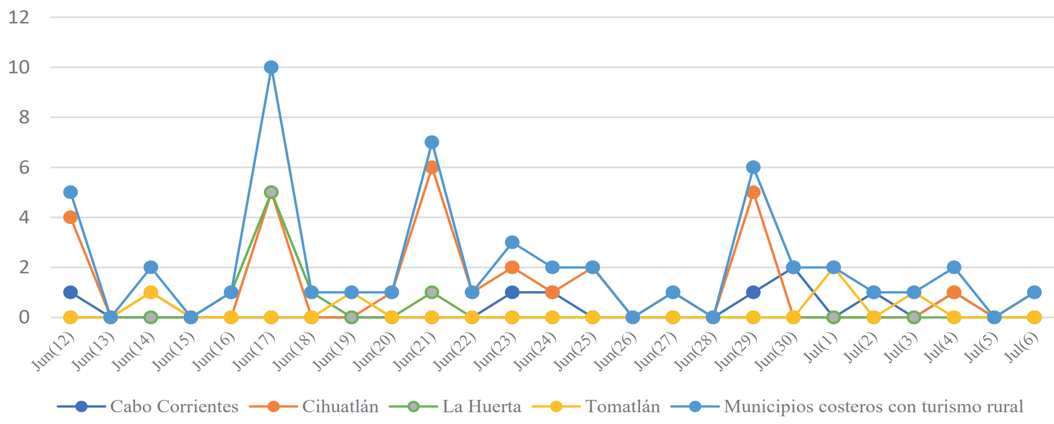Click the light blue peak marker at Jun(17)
pyautogui.click(x=271, y=67)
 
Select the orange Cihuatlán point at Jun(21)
pyautogui.click(x=432, y=167)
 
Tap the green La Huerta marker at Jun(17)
pyautogui.click(x=271, y=192)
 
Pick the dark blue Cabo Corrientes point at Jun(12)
pyautogui.click(x=70, y=292)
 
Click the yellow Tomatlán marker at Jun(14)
pyautogui.click(x=151, y=292)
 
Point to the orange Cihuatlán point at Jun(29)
pyautogui.click(x=753, y=192)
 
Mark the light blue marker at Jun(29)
pyautogui.click(x=753, y=167)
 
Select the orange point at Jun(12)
pyautogui.click(x=70, y=217)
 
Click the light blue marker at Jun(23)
pyautogui.click(x=512, y=242)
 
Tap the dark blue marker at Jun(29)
pyautogui.click(x=753, y=292)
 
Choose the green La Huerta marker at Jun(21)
pyautogui.click(x=432, y=292)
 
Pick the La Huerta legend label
pyautogui.click(x=481, y=407)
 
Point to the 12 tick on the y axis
pyautogui.click(x=19, y=17)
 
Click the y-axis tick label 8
pyautogui.click(x=24, y=118)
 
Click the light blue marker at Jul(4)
pyautogui.click(x=954, y=267)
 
